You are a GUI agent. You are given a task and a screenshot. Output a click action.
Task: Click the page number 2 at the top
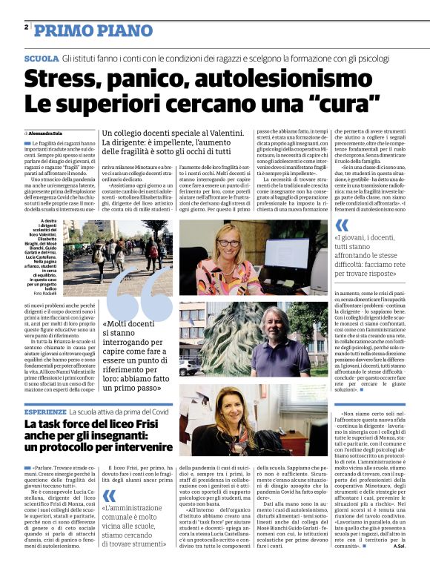27,27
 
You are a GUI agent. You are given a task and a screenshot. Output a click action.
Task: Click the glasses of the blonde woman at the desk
228,242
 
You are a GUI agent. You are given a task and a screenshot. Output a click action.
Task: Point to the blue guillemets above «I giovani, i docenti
340,225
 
